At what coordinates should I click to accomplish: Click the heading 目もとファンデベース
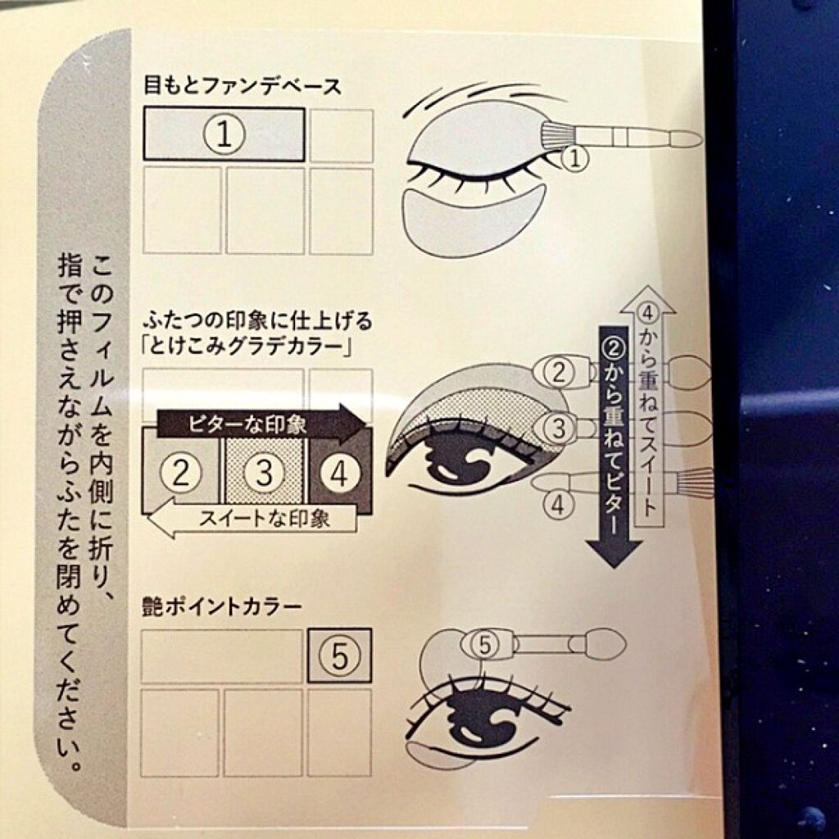[x=242, y=84]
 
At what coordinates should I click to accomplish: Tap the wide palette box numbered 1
[x=224, y=134]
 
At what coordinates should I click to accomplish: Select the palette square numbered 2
[x=182, y=470]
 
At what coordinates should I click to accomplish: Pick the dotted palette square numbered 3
[x=264, y=470]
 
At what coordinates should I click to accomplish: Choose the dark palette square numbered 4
[x=338, y=470]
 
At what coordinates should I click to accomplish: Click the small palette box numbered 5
[x=339, y=655]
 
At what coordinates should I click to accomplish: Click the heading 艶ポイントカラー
[x=222, y=608]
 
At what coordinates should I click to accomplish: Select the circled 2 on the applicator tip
[x=560, y=373]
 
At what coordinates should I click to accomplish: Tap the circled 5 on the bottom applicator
[x=486, y=646]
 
